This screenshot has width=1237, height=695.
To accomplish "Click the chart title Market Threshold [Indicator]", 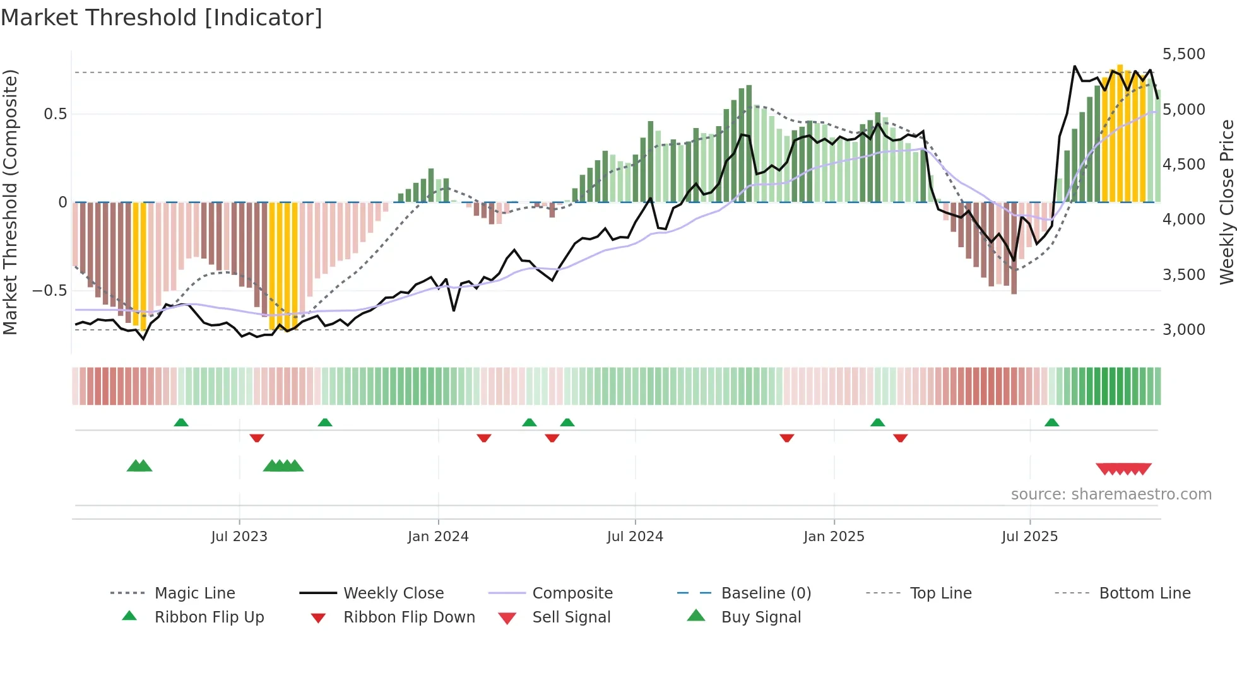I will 162,18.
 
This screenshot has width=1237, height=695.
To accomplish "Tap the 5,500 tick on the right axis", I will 1183,54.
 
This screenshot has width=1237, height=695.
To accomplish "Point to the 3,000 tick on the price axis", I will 1183,329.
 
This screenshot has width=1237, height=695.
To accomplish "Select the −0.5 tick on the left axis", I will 50,291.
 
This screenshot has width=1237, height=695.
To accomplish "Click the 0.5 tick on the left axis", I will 55,114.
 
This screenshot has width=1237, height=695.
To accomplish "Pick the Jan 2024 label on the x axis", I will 438,537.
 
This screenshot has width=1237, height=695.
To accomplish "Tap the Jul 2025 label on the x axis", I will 1029,537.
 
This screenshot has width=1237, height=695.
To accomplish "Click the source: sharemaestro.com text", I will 1111,494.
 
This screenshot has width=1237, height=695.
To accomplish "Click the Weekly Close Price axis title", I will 1226,202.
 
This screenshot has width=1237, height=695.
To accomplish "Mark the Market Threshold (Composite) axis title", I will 10,202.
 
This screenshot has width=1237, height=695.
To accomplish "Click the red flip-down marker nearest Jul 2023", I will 256,438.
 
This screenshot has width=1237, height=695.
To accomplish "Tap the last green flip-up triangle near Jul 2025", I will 1051,423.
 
